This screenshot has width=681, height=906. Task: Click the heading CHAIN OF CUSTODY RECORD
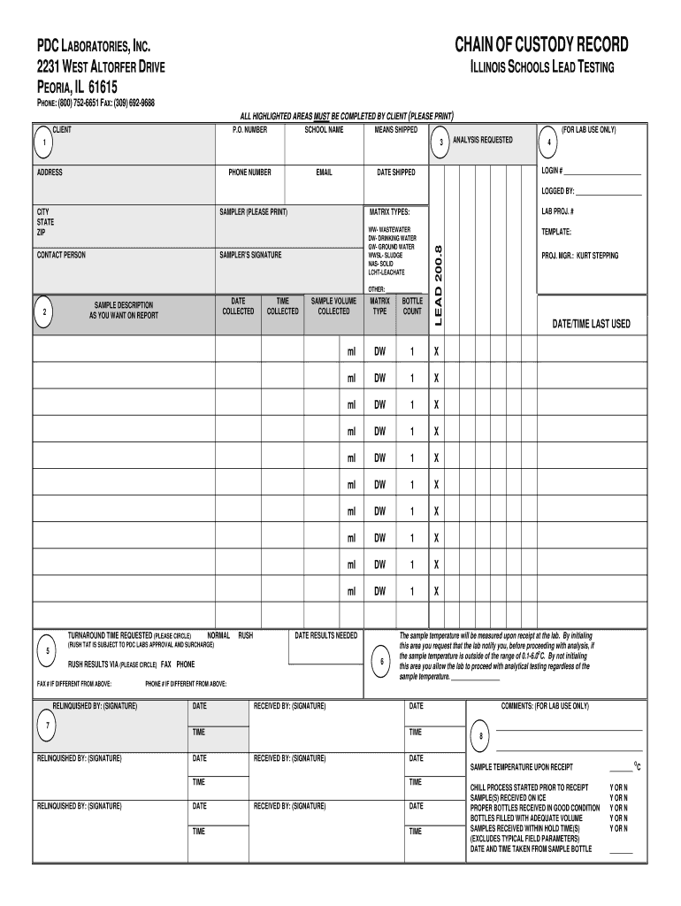(541, 45)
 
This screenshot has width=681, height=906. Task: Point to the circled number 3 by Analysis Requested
(440, 143)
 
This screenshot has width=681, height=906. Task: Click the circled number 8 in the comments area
(481, 736)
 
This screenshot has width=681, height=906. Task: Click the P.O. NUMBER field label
(249, 130)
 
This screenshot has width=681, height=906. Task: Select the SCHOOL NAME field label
(324, 130)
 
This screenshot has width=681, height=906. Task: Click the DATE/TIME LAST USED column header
(591, 324)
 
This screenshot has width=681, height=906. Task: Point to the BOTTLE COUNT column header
(412, 306)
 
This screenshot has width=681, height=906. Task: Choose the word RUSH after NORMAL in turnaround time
(245, 635)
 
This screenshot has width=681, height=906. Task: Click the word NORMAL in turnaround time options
(218, 635)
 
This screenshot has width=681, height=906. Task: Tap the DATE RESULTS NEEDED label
(325, 635)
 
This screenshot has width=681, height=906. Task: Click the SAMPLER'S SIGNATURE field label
(250, 255)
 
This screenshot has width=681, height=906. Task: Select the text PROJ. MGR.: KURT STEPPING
(580, 256)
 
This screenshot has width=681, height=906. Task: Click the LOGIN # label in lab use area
(553, 171)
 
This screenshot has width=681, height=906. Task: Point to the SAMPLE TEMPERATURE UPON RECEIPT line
(521, 767)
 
